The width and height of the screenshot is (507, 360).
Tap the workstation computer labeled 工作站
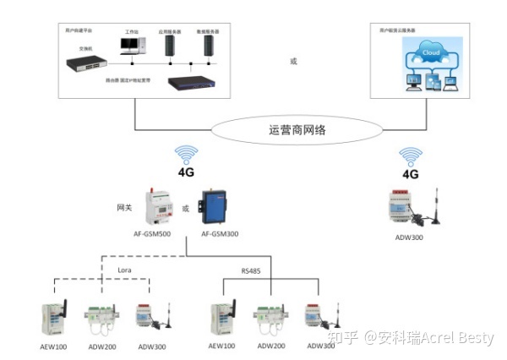coord(132,46)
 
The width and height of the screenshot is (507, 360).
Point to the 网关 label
coord(125,206)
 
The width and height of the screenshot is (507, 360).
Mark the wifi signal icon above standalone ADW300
coord(411,156)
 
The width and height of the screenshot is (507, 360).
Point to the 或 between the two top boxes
coord(293,60)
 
